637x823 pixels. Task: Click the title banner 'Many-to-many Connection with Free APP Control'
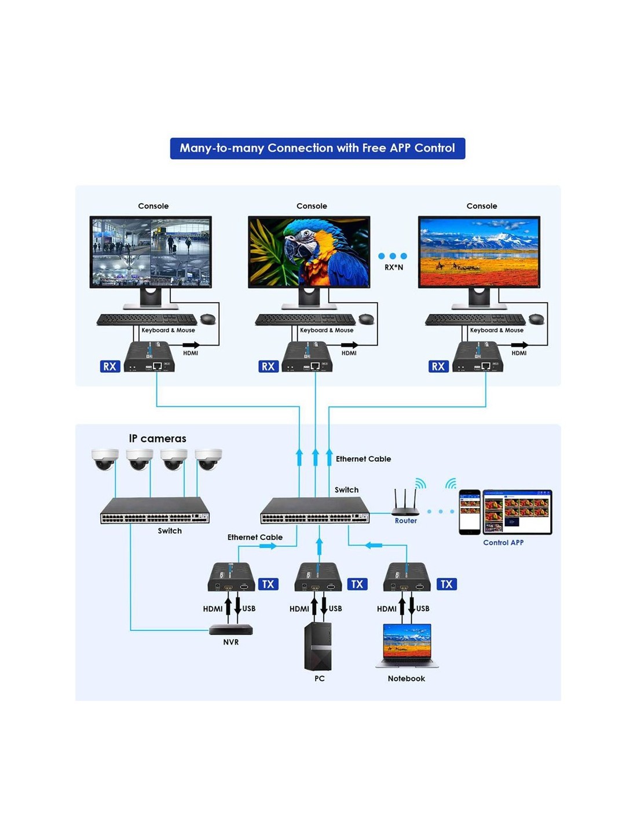coord(317,148)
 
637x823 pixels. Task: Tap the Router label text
coord(405,521)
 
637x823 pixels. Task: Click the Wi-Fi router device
coord(405,502)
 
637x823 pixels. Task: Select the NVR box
coord(231,630)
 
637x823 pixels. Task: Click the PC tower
coord(318,646)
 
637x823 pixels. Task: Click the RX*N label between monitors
coord(394,267)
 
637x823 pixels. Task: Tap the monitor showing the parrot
coord(309,262)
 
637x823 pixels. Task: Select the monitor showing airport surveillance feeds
coord(151,262)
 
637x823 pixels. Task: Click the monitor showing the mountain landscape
coord(479,262)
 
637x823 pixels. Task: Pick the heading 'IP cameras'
coord(158,439)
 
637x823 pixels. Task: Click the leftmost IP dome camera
coord(105,460)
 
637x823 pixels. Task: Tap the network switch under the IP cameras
coord(155,510)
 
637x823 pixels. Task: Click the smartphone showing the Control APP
coord(470,512)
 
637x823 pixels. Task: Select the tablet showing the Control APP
coord(517,512)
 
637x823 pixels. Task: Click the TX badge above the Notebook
coord(446,584)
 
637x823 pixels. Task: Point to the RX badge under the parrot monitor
coord(268,366)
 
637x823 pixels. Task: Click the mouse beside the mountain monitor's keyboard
coord(536,319)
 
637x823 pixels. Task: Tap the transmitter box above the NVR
coord(231,577)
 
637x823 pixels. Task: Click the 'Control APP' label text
coord(503,543)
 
